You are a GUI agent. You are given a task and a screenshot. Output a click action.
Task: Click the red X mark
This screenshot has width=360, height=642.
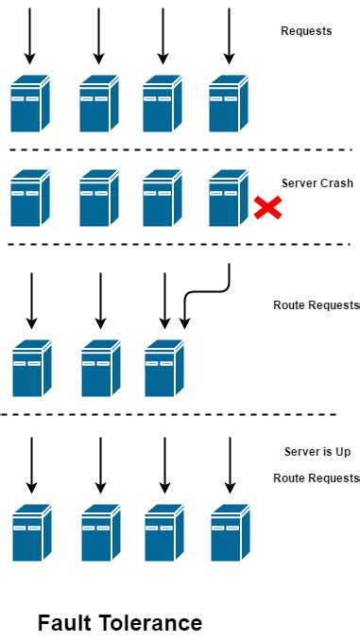[267, 207]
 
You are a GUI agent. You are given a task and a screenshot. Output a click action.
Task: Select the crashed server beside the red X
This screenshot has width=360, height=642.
[229, 198]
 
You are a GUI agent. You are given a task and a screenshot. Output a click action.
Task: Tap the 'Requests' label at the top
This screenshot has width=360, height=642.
[306, 31]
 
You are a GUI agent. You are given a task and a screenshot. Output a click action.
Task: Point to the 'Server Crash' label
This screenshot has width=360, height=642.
[317, 183]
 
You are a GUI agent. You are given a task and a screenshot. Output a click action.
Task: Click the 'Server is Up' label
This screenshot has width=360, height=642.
[316, 452]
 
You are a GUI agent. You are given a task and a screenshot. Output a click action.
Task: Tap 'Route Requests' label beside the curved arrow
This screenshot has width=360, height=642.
[316, 305]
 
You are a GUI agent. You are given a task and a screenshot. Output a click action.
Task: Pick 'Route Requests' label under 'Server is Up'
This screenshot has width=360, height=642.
[316, 478]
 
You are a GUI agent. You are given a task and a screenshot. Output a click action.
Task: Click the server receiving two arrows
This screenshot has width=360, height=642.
[164, 368]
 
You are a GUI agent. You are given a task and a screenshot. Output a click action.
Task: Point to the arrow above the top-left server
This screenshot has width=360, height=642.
[30, 36]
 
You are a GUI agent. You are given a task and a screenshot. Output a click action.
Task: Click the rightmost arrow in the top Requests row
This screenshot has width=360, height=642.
[229, 36]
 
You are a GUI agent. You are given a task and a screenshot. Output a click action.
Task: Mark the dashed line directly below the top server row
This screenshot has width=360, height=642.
[180, 149]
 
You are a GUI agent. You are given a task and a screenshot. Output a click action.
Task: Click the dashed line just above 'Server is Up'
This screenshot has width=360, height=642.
[170, 414]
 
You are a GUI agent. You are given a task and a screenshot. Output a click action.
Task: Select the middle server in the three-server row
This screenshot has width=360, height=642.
[101, 368]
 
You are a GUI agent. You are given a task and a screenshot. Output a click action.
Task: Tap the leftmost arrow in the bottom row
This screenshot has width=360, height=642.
[31, 464]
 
